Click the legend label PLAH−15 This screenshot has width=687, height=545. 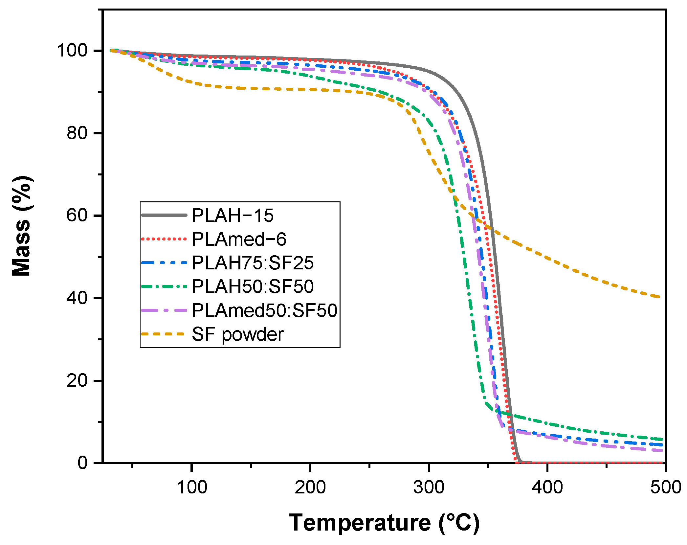[x=233, y=216]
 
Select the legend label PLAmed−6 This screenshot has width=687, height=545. [x=239, y=239]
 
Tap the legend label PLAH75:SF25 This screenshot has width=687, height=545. [x=253, y=263]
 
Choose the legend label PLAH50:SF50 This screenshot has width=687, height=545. [x=253, y=286]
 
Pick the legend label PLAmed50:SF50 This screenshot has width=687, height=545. [x=264, y=310]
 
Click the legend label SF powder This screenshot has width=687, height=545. [x=238, y=334]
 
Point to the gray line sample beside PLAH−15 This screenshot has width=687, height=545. [x=164, y=215]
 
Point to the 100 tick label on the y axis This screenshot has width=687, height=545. [x=72, y=50]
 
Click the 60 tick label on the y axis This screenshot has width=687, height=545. [x=77, y=216]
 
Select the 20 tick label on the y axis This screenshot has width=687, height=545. [x=77, y=380]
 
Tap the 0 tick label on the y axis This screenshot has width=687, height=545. [x=82, y=463]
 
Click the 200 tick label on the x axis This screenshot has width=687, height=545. [x=310, y=487]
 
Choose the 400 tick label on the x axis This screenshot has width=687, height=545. [x=547, y=487]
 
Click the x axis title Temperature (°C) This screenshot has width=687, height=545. [x=384, y=523]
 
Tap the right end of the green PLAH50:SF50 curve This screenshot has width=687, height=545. [x=662, y=439]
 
